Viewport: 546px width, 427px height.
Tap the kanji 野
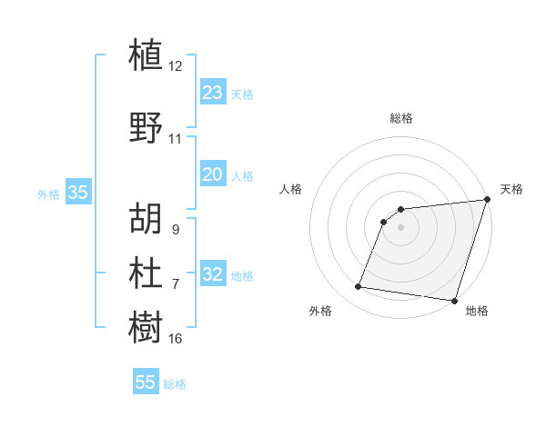pos(147,127)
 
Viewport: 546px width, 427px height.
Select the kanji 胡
pos(147,218)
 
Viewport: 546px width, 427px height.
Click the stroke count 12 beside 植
pos(176,66)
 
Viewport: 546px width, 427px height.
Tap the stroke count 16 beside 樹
pos(176,339)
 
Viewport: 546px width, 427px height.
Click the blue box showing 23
pos(213,92)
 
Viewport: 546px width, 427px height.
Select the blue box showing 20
pos(213,174)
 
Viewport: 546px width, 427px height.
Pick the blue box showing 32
pos(213,274)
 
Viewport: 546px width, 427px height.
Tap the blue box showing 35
pos(78,193)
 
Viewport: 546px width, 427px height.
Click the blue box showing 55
pos(146,382)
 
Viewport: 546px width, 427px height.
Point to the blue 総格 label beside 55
pos(175,384)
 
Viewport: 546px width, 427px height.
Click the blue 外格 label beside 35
pos(48,194)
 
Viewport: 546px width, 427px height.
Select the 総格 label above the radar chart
pos(401,118)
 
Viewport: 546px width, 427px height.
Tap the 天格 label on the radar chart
pos(511,189)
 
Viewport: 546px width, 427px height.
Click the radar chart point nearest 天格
pos(487,201)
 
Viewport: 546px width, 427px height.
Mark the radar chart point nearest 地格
pos(454,301)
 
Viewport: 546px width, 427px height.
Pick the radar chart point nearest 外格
pos(358,287)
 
